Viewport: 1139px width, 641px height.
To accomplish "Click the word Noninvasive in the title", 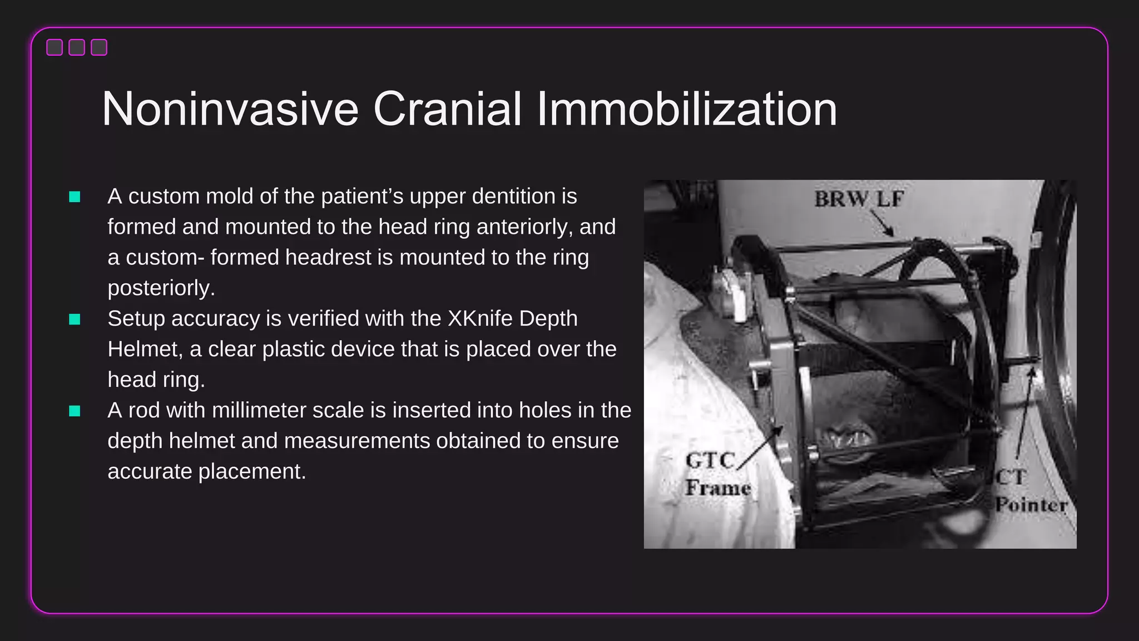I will (230, 109).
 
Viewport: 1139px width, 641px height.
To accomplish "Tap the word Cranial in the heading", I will (447, 109).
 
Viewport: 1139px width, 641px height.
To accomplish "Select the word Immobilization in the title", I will (686, 109).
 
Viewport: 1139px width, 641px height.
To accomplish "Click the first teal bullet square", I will (75, 197).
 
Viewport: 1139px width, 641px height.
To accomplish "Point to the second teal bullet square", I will (75, 319).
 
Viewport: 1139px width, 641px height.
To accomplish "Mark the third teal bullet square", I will (75, 411).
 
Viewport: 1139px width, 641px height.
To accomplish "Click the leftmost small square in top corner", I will (55, 48).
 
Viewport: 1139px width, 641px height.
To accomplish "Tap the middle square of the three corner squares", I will (77, 48).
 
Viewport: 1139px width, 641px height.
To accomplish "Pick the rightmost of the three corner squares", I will (99, 48).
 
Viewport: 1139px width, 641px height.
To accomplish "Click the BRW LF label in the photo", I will (859, 199).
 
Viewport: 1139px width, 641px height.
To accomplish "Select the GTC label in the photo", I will (710, 461).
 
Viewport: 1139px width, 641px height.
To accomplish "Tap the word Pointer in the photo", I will (1031, 505).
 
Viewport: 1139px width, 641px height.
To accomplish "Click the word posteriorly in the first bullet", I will (161, 288).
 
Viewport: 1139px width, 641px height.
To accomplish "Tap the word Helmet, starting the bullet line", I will (145, 349).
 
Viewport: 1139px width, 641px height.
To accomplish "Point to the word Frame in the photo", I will (718, 488).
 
